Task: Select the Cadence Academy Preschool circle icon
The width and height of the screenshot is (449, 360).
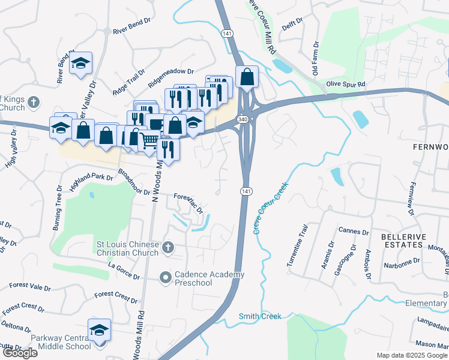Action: [166, 277]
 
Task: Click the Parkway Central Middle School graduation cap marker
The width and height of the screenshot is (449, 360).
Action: [99, 330]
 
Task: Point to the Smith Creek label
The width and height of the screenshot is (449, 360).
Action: [259, 316]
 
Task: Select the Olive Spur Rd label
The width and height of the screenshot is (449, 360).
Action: [345, 85]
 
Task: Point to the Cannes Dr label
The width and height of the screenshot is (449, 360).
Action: [354, 232]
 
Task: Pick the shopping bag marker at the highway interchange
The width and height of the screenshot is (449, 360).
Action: [247, 77]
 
